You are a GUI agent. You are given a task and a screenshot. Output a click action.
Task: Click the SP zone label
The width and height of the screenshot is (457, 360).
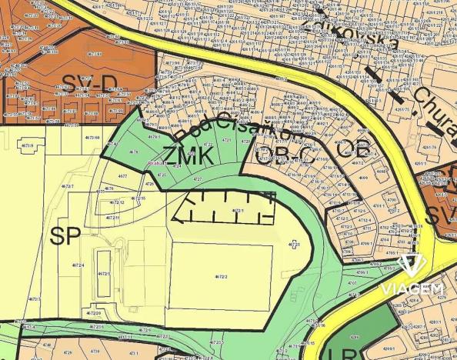pyautogui.click(x=66, y=236)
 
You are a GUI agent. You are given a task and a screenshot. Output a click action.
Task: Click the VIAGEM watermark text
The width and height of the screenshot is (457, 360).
pyautogui.click(x=412, y=289)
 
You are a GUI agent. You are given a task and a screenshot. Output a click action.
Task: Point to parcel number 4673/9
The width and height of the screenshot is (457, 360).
pyautogui.click(x=28, y=145)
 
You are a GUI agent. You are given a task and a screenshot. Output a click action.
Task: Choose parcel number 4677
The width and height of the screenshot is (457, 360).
pyautogui.click(x=122, y=177)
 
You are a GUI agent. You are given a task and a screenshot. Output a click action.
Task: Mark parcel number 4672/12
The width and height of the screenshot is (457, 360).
pyautogui.click(x=116, y=202)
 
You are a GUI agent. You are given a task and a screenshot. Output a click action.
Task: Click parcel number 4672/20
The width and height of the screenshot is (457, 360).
pyautogui.click(x=93, y=314)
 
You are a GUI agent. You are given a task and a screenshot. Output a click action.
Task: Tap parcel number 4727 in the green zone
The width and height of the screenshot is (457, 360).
pyautogui.click(x=198, y=179)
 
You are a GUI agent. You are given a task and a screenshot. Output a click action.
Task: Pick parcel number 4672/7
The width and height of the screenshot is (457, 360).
pyautogui.click(x=68, y=186)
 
